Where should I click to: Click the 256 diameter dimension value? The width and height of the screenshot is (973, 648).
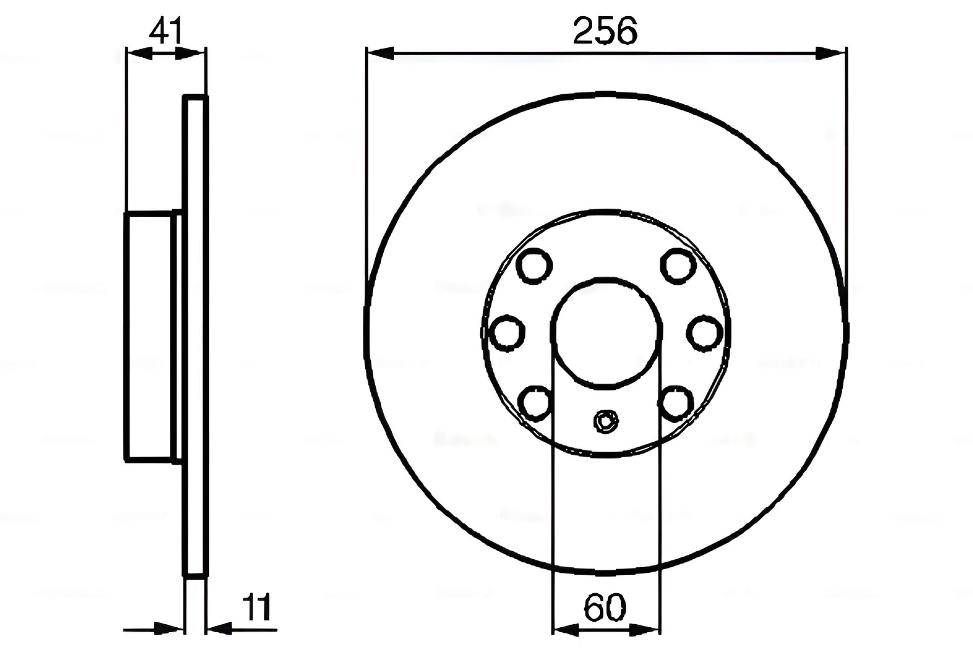coord(605,31)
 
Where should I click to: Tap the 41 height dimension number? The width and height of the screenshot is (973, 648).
coord(165,31)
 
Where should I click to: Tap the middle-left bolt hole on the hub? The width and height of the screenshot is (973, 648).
coord(508,333)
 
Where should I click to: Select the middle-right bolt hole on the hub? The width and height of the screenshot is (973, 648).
coord(704,333)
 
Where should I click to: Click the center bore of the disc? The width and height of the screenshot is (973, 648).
coord(606,332)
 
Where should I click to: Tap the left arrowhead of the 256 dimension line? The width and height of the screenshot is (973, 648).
coord(380,53)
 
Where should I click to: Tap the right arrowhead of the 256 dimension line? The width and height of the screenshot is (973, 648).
coord(831,53)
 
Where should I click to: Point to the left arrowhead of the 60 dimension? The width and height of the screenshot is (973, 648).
coord(566,630)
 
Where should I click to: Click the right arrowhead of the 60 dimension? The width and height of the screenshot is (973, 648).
coord(647,630)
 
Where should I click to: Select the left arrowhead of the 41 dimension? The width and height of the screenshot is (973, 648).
coord(139,53)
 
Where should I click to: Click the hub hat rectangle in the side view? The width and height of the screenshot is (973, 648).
coord(150,337)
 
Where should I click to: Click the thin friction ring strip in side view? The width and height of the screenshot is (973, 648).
coord(196,337)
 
